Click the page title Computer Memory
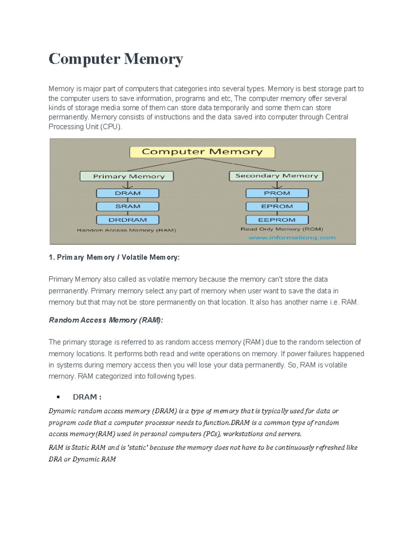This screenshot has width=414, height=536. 116,59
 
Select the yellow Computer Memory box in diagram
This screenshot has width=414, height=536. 202,152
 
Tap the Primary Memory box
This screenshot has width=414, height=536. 127,176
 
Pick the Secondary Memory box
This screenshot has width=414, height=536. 276,176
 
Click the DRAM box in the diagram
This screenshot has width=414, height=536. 128,193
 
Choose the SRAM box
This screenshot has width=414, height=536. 128,206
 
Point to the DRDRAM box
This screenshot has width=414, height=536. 128,220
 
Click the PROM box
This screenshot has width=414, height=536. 277,193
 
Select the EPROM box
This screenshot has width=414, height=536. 277,206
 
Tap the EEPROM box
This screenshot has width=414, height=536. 277,220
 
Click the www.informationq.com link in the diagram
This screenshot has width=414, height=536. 292,237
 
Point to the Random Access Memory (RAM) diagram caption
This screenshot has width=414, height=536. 126,230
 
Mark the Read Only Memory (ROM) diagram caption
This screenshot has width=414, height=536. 282,229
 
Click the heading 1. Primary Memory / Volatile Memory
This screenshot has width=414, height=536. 114,257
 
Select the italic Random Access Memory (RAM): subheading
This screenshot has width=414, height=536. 106,320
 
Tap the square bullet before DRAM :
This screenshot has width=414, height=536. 58,397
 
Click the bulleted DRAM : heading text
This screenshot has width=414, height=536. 87,397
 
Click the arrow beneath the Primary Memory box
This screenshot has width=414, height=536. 128,185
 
